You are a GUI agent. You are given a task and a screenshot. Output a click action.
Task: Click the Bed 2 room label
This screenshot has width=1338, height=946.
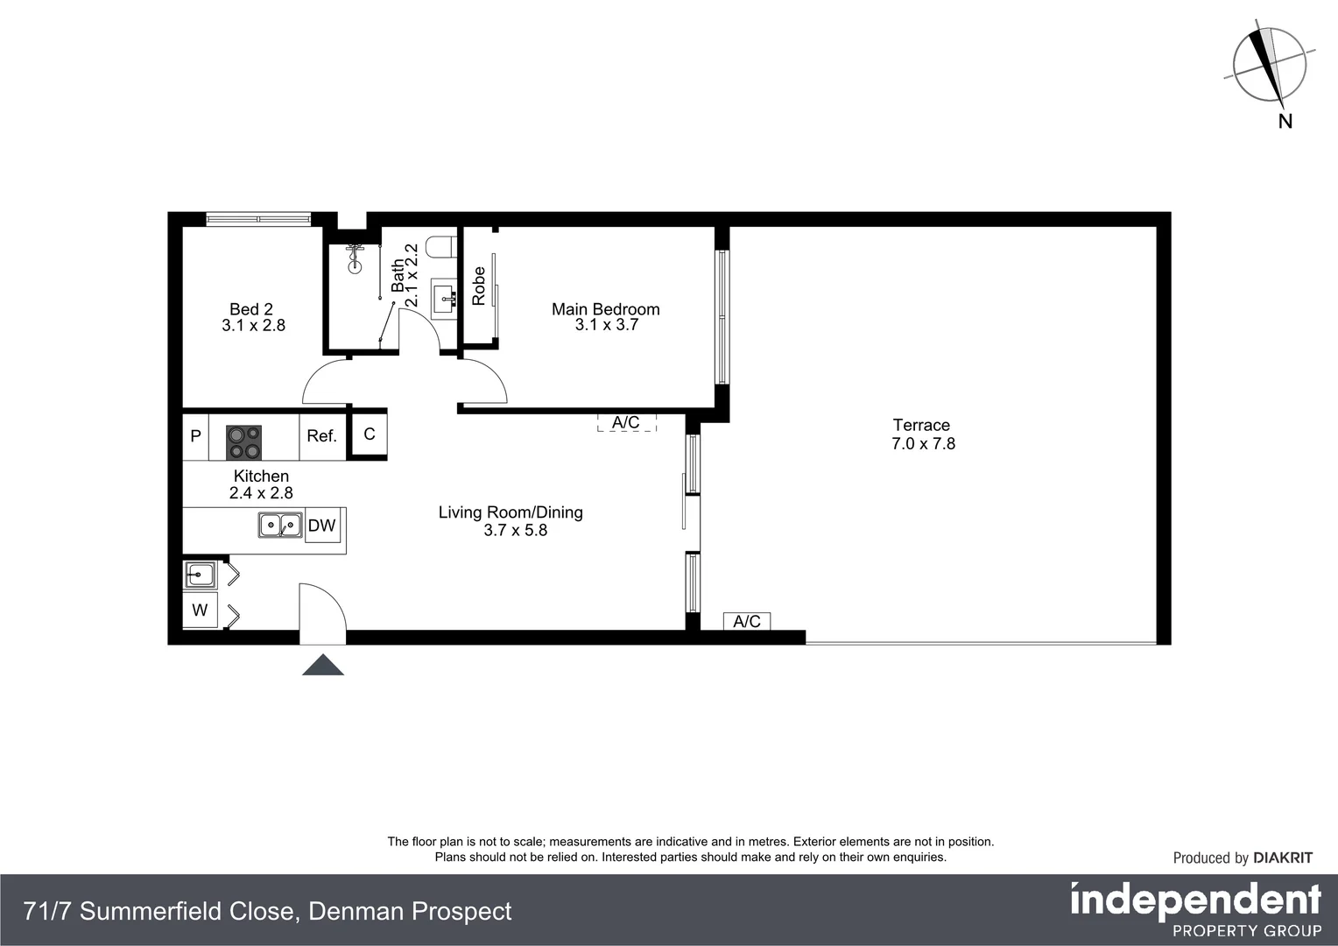point(252,317)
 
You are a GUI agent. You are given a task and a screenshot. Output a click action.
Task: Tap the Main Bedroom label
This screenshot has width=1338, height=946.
point(606,316)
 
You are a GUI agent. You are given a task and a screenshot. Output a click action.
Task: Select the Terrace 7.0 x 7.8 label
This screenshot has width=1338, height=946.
point(922,434)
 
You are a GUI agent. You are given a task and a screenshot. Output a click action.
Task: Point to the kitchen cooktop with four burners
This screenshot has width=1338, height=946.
point(244,442)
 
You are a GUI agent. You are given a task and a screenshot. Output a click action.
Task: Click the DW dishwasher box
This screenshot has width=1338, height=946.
point(322,526)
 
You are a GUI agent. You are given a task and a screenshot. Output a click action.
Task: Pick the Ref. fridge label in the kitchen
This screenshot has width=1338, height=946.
point(321,436)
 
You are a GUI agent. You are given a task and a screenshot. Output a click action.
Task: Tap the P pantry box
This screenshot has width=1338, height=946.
point(195,436)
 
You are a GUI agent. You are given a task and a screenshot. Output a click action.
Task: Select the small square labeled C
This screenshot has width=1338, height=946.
point(369,434)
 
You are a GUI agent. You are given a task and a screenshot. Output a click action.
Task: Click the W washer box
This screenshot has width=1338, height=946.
point(200,610)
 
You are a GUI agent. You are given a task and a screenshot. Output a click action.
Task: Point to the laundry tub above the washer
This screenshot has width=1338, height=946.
point(200,575)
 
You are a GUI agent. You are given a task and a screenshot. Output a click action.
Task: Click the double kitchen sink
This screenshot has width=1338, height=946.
point(280,526)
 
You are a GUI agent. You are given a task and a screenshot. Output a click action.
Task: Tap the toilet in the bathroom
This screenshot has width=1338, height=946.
point(440,246)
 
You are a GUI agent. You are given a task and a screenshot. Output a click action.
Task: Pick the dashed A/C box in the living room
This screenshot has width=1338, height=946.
point(626,423)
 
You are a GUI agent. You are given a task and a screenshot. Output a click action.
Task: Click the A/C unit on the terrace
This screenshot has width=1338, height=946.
point(747,622)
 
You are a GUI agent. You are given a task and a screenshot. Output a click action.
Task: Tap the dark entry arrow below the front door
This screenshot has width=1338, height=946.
point(323,665)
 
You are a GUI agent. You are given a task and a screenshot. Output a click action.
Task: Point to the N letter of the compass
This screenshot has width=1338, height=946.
point(1285,122)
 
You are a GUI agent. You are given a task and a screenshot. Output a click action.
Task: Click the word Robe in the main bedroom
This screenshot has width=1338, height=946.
point(478,286)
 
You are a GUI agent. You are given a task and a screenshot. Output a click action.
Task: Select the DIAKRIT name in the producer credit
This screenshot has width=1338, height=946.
point(1283,858)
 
